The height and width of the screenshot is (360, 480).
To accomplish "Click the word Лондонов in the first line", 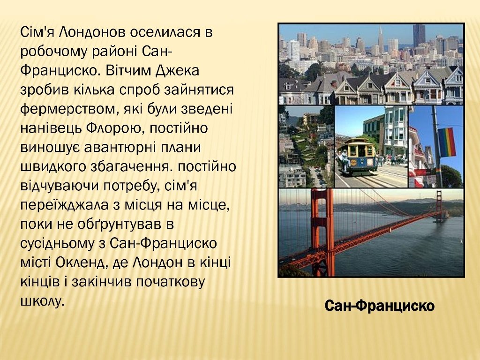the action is (x=91, y=32).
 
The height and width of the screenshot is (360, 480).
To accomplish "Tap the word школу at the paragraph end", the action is (x=43, y=301).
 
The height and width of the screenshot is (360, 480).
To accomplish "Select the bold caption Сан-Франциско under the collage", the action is (x=380, y=306).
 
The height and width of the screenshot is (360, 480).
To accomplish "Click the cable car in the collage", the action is (x=357, y=156).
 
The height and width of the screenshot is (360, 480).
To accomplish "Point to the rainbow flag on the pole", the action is (x=447, y=142).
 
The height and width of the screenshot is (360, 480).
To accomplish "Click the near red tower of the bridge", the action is (x=322, y=232).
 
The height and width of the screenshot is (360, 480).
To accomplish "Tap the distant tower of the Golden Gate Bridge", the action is (x=439, y=206).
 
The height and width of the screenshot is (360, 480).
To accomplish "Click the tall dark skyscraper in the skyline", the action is (x=419, y=36).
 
